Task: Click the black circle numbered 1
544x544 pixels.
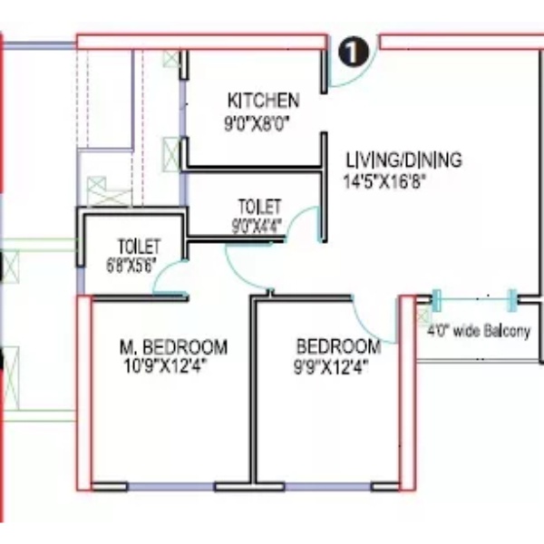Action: (x=354, y=52)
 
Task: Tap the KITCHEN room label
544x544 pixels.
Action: (x=263, y=101)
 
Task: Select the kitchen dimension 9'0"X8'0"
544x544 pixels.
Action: (x=257, y=124)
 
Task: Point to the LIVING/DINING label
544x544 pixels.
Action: (x=404, y=160)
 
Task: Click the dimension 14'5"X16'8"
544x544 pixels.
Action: (x=384, y=181)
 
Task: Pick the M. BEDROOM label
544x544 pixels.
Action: (x=173, y=347)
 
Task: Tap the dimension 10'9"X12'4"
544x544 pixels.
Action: (x=165, y=366)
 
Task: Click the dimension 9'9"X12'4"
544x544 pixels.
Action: (x=331, y=367)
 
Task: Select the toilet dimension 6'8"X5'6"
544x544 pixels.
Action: (x=131, y=266)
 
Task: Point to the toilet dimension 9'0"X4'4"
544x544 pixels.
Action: (x=257, y=227)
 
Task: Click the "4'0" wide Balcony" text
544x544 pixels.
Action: (x=479, y=331)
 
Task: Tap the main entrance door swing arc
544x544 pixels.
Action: (x=357, y=77)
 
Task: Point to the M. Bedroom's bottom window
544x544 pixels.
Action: (x=171, y=486)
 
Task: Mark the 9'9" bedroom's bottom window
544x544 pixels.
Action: (x=328, y=486)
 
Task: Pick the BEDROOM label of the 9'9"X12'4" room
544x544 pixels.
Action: (x=338, y=346)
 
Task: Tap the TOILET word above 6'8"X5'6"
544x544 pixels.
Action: (x=140, y=247)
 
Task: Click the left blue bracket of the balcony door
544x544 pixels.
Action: (x=437, y=300)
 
